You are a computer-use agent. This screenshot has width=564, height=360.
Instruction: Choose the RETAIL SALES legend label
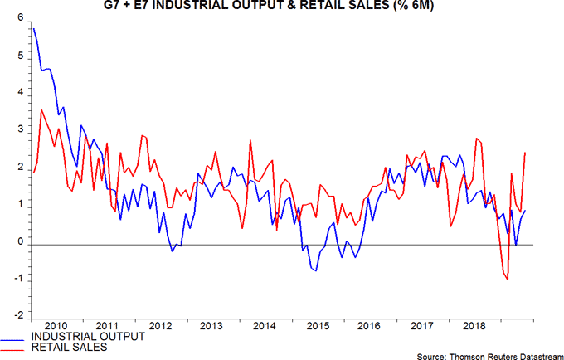(70, 348)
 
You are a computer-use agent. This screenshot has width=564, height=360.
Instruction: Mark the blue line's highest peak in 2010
(32, 29)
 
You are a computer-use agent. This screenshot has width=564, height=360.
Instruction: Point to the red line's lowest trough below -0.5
(507, 280)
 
